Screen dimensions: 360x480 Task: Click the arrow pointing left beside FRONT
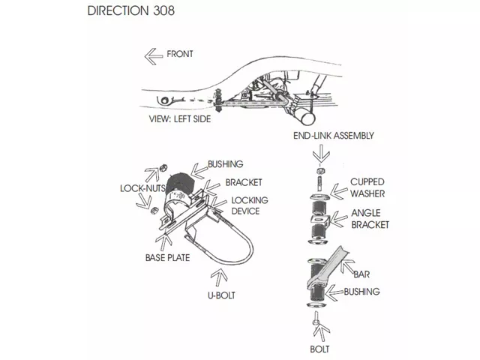click(153, 54)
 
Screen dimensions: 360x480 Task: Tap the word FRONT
click(180, 54)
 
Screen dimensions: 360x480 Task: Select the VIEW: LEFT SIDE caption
click(181, 118)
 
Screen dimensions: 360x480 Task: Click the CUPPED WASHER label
click(368, 187)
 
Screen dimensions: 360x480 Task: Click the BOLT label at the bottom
click(319, 349)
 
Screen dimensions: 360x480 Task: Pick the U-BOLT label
click(221, 295)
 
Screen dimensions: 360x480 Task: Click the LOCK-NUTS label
click(142, 190)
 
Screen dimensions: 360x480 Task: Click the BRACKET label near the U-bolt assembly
click(244, 183)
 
